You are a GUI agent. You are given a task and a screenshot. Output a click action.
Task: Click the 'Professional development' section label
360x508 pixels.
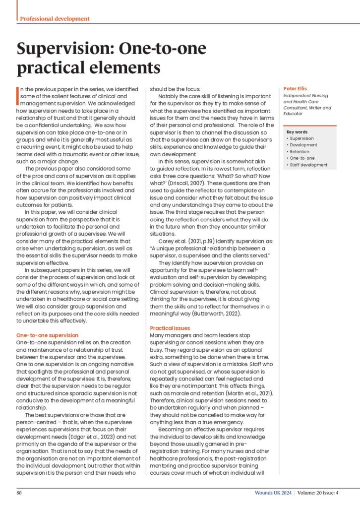(x=55, y=18)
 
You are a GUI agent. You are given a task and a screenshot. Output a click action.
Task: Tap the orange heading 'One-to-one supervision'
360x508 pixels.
(x=47, y=335)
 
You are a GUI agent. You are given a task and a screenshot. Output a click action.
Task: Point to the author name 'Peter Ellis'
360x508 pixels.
(x=296, y=89)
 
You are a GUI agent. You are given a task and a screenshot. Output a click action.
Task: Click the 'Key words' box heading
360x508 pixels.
(x=297, y=132)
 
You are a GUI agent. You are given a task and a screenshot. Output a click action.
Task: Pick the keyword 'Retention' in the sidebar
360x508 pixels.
(x=300, y=152)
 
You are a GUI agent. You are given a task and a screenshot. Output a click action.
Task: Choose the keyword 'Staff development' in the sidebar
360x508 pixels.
(x=308, y=165)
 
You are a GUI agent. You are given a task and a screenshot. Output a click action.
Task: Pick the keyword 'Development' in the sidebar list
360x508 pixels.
(x=303, y=145)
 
